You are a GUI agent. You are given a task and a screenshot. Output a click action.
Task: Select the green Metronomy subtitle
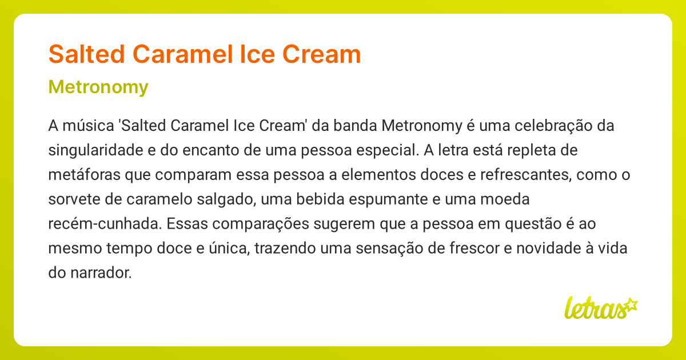pyautogui.click(x=98, y=87)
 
